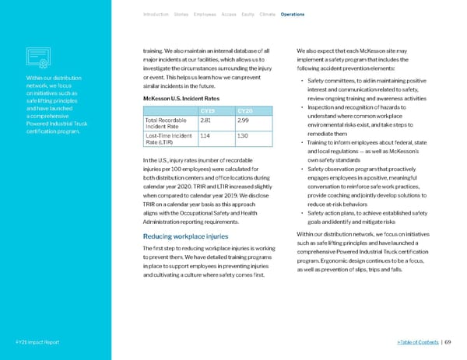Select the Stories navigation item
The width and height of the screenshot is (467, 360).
pyautogui.click(x=184, y=14)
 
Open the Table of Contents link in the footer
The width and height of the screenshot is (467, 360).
pyautogui.click(x=420, y=342)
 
